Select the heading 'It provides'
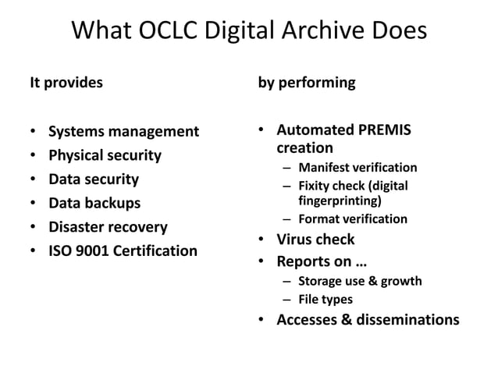tap(66, 82)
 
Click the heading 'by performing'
tap(307, 82)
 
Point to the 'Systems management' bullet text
tap(123, 131)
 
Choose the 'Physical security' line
tap(105, 155)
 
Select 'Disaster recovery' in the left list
tap(108, 227)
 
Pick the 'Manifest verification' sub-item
tap(357, 168)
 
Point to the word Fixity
tap(315, 186)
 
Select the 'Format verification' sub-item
tap(352, 219)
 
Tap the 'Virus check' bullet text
tap(315, 240)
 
